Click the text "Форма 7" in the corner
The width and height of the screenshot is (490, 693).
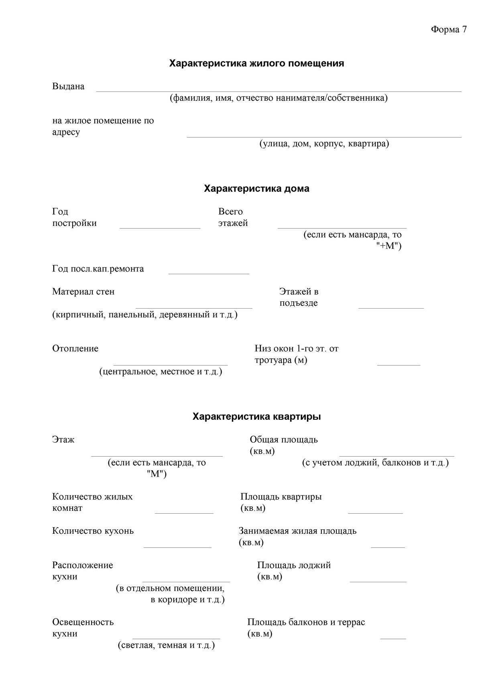(449, 30)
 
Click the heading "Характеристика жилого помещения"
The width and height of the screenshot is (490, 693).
(256, 63)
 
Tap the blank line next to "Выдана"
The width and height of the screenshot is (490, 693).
(279, 89)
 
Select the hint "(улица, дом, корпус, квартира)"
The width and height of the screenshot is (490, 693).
(324, 144)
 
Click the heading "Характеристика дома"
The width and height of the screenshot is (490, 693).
(256, 189)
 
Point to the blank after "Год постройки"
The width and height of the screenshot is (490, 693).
(160, 226)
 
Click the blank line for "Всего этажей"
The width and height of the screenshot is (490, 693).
(342, 226)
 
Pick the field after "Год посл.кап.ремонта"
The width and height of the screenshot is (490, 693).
(209, 271)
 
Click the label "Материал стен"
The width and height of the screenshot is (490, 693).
(83, 292)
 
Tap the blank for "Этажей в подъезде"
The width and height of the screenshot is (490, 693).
(391, 306)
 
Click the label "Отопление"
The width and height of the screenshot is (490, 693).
(75, 349)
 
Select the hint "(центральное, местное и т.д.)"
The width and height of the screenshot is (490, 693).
(161, 372)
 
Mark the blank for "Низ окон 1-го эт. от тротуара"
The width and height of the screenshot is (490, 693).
(399, 363)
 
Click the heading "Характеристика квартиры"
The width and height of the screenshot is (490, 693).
(256, 417)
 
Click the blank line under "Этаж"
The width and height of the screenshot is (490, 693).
(157, 453)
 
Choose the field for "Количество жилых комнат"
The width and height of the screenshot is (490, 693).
(184, 510)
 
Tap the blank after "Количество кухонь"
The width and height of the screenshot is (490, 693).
(177, 545)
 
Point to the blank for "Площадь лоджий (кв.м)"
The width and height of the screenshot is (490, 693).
(378, 579)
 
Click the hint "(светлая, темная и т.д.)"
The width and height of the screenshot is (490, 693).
(166, 646)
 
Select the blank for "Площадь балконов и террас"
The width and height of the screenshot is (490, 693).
(393, 636)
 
